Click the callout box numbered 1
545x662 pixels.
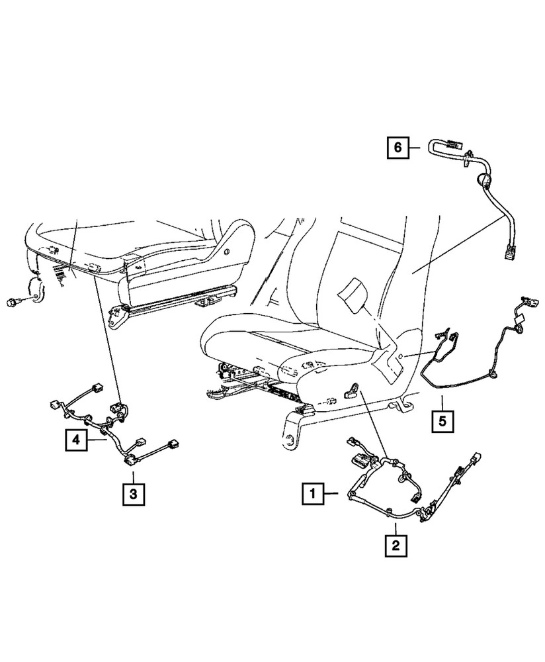tap(314, 493)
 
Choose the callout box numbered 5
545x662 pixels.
tap(443, 420)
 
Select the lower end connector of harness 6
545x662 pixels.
tap(508, 253)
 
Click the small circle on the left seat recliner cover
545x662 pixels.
tap(228, 252)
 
